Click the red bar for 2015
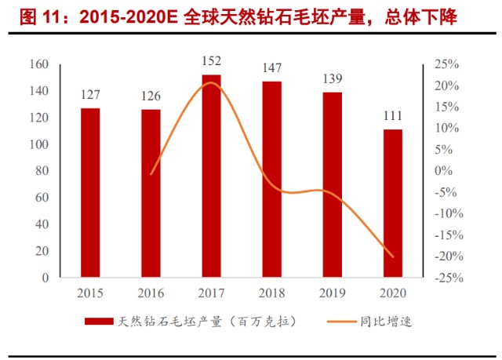(x=90, y=192)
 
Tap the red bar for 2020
(x=392, y=203)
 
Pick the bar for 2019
(x=332, y=184)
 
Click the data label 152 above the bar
(x=211, y=61)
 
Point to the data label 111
(x=392, y=116)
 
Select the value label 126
(x=151, y=96)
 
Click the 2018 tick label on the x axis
(x=271, y=293)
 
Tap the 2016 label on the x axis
(x=151, y=293)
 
